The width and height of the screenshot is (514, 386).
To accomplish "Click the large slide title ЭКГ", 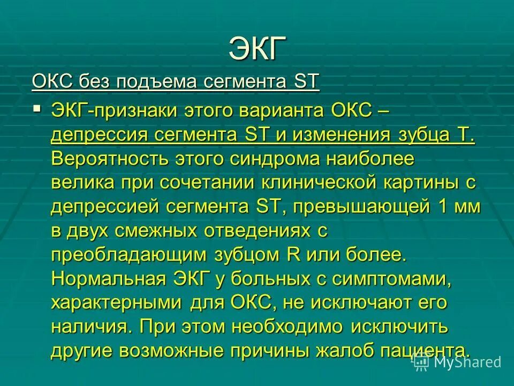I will tap(258, 49).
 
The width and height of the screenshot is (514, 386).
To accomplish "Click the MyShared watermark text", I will tap(467, 362).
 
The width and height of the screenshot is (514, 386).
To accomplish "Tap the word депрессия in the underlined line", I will tap(99, 135).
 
